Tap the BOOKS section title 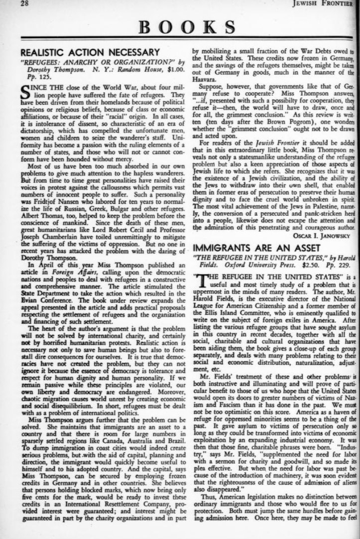coord(187,27)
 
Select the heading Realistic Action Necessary coord(90,52)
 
